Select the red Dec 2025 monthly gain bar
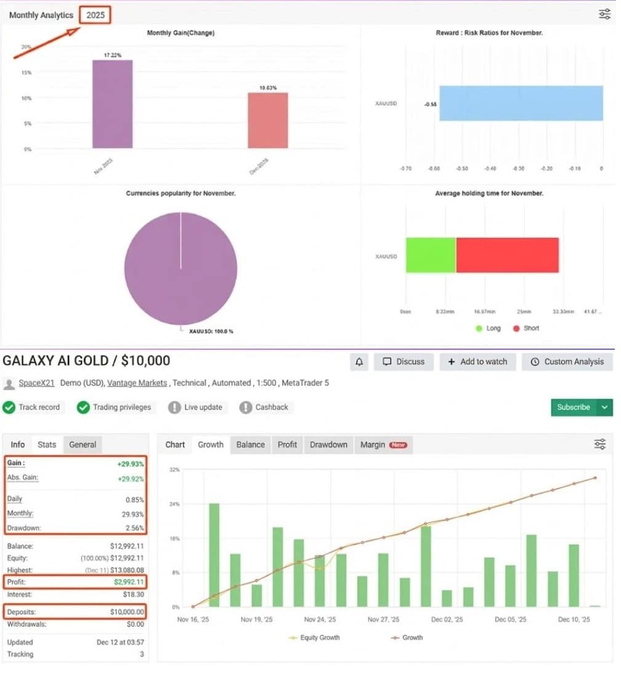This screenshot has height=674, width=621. (267, 120)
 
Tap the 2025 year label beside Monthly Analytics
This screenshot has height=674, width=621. (95, 15)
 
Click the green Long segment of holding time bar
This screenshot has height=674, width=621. (431, 255)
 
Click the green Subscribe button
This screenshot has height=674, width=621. (573, 407)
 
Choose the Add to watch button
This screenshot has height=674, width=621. (477, 362)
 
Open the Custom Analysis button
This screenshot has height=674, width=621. (567, 362)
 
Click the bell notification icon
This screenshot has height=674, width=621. (360, 362)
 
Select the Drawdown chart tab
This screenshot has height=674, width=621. (328, 444)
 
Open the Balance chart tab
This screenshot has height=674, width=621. (251, 444)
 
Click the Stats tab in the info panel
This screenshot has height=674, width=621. (47, 444)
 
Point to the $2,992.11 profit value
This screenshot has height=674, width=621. (128, 582)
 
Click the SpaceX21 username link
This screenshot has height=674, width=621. (36, 383)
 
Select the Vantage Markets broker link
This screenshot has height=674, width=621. (137, 383)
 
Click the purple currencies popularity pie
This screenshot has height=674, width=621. (181, 269)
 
